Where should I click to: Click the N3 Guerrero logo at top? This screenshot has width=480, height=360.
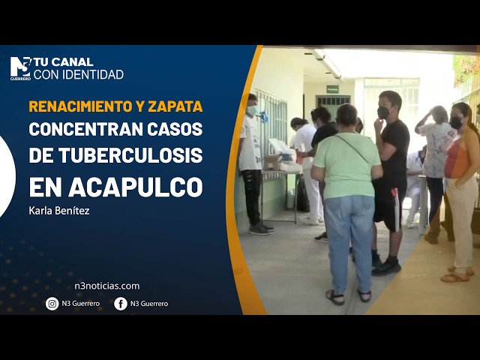click(20, 67)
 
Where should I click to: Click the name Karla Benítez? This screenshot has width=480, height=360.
click(59, 211)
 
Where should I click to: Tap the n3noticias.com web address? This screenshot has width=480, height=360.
click(106, 286)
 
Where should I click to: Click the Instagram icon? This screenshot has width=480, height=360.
click(52, 304)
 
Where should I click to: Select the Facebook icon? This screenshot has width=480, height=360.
click(121, 304)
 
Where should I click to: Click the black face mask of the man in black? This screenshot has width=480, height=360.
click(383, 112)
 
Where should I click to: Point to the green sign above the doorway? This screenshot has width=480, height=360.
click(332, 88)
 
